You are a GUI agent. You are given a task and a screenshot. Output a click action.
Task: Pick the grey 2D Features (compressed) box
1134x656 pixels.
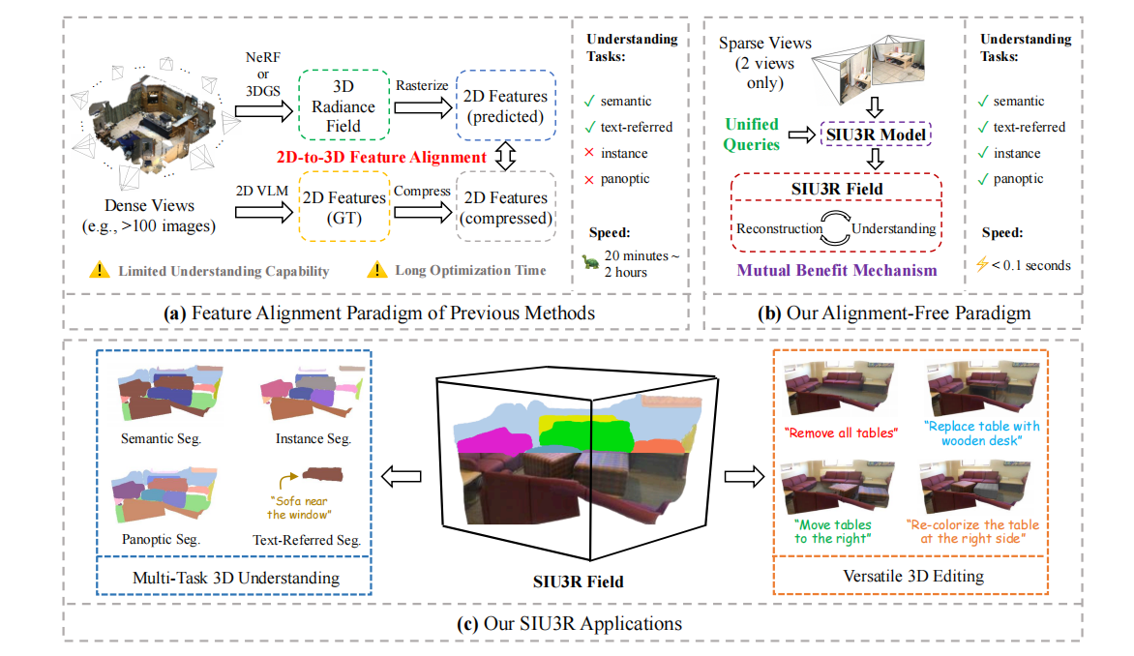pyautogui.click(x=505, y=207)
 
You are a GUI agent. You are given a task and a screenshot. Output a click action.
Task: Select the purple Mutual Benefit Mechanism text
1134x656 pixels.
pyautogui.click(x=837, y=270)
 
